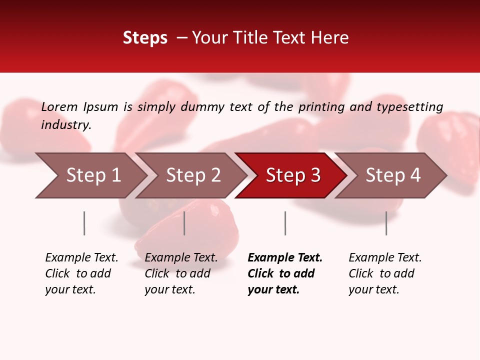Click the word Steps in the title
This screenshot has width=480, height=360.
pyautogui.click(x=145, y=38)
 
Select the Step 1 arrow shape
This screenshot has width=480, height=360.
pyautogui.click(x=90, y=175)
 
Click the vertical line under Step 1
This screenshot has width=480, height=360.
pyautogui.click(x=84, y=223)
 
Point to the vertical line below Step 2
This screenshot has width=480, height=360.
pyautogui.click(x=184, y=223)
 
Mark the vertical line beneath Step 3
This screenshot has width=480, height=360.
pyautogui.click(x=285, y=223)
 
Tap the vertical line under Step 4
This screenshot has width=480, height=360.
pyautogui.click(x=386, y=223)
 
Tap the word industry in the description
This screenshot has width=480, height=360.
pyautogui.click(x=66, y=125)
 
